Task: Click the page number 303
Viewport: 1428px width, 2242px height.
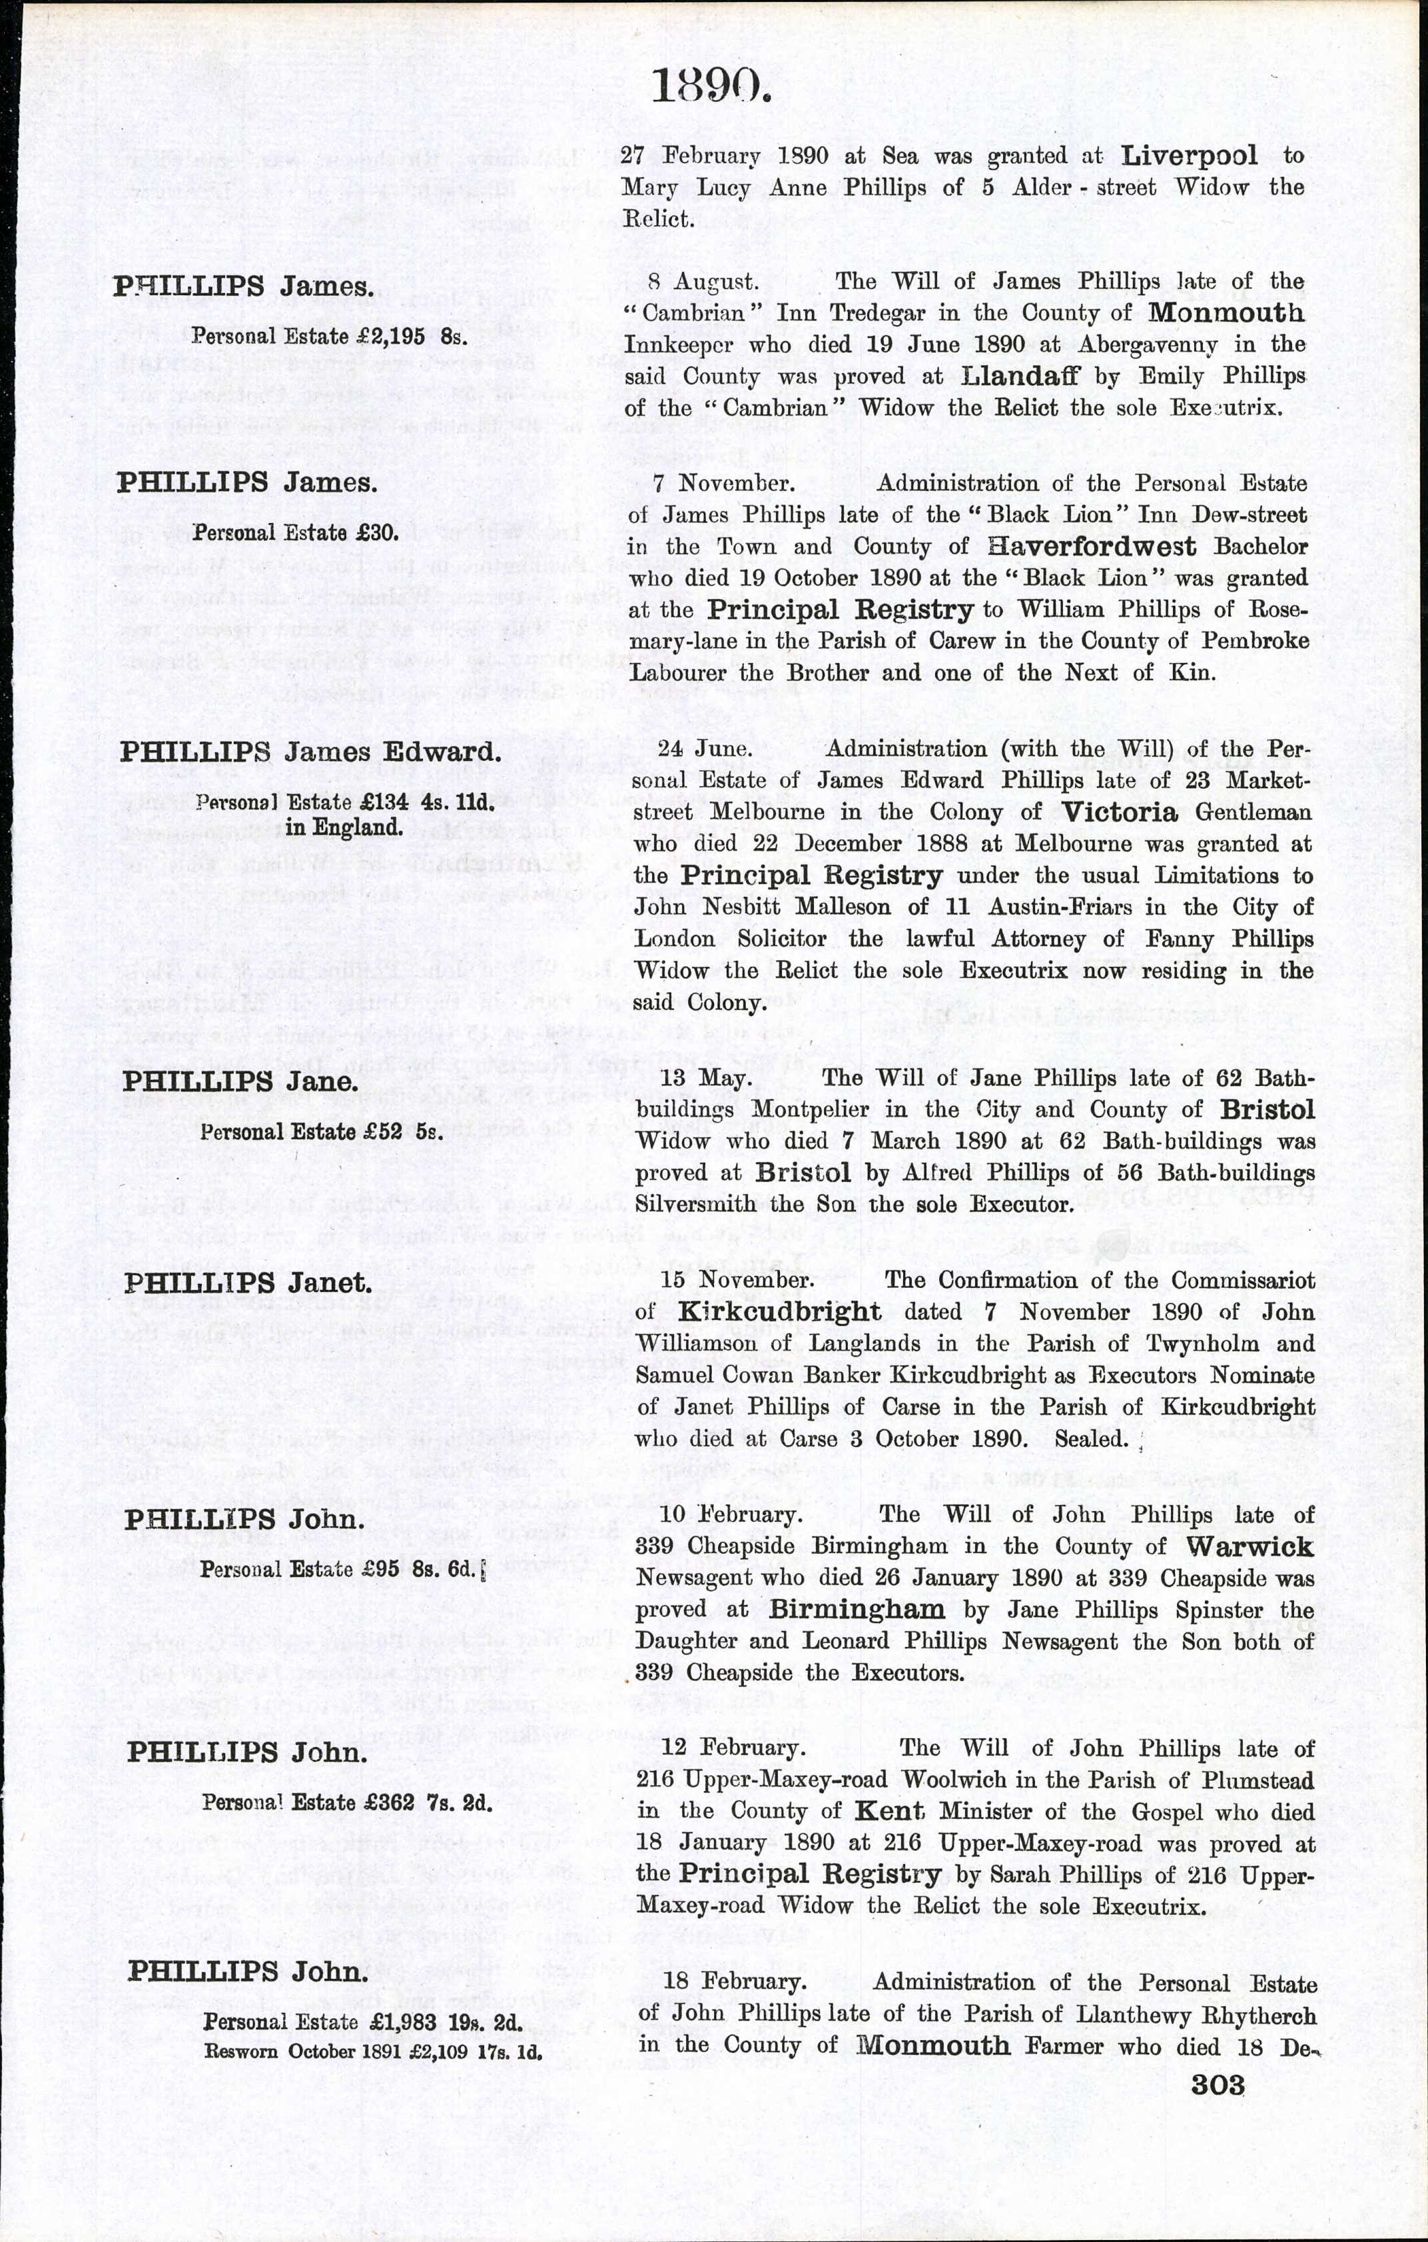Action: pyautogui.click(x=1218, y=2085)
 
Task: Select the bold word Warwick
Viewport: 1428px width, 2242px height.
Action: pyautogui.click(x=1248, y=1546)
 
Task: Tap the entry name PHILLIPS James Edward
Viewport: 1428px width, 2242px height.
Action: pyautogui.click(x=310, y=752)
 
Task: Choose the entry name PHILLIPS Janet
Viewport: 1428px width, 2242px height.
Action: pyautogui.click(x=248, y=1283)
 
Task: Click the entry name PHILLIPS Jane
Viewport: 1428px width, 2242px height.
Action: pyautogui.click(x=240, y=1082)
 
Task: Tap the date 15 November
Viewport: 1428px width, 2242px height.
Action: pyautogui.click(x=737, y=1279)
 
